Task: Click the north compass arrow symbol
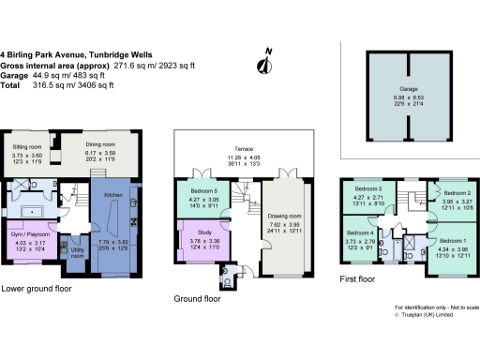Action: tap(265, 63)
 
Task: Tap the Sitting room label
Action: tap(25, 148)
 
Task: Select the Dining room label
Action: tap(100, 145)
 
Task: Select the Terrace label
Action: tap(247, 150)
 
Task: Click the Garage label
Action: tap(407, 90)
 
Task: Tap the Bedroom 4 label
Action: tap(361, 232)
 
